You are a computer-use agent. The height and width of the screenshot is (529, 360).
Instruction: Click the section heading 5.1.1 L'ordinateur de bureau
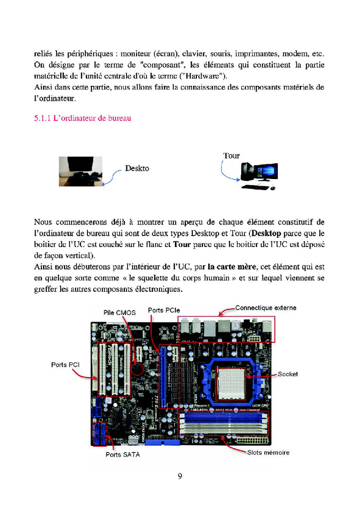tap(82, 118)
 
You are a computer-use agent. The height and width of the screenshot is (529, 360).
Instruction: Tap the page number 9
tap(180, 475)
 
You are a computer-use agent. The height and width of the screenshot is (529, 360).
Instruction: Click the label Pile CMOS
tap(119, 312)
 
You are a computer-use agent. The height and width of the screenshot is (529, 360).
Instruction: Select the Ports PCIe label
tap(164, 310)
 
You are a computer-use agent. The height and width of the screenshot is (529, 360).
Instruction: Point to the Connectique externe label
tap(265, 308)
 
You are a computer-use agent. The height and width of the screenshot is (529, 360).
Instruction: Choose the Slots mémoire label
tap(268, 452)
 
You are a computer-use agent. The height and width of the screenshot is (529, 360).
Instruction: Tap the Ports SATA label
tap(122, 454)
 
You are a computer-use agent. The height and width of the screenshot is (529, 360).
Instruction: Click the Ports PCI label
tap(65, 365)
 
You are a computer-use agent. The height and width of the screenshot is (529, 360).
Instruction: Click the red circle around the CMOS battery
tap(137, 369)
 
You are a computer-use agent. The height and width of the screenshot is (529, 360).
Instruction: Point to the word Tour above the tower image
tap(231, 155)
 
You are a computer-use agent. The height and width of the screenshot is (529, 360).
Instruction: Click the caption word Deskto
tap(137, 168)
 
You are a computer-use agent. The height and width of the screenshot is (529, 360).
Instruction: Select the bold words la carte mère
tap(232, 267)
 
